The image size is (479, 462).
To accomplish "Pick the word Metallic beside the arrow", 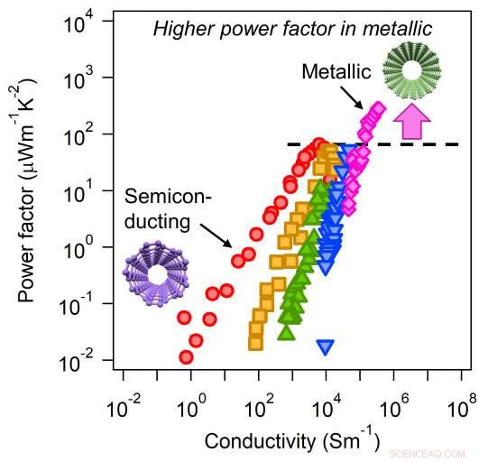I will pos(333,70).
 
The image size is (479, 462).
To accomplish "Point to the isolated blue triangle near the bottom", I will pos(326,346).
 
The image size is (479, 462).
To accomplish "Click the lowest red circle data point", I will pos(187,357).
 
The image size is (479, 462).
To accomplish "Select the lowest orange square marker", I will pos(255,342).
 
